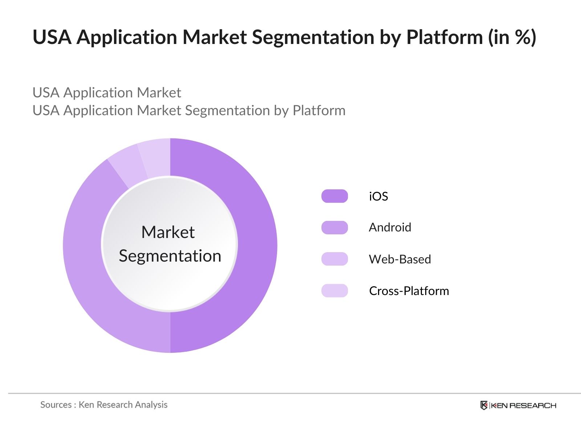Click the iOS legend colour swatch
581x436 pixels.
334,196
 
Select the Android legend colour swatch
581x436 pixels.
334,227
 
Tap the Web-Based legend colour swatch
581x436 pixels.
334,259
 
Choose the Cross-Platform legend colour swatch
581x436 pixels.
334,291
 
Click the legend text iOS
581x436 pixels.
378,197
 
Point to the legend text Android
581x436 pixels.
390,227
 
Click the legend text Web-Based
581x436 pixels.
400,259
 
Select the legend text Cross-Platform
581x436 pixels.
409,291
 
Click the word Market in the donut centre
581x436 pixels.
168,233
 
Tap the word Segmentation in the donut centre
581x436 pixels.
170,256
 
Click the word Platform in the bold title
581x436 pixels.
444,37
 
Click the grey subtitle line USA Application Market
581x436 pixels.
107,93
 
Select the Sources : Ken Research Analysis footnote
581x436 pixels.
104,405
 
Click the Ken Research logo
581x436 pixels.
518,405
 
